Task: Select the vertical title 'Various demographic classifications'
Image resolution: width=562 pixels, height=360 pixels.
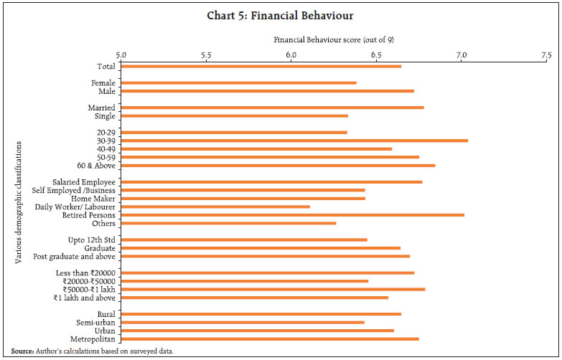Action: coord(19,202)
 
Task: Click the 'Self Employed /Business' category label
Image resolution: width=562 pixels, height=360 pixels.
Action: coord(74,190)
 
